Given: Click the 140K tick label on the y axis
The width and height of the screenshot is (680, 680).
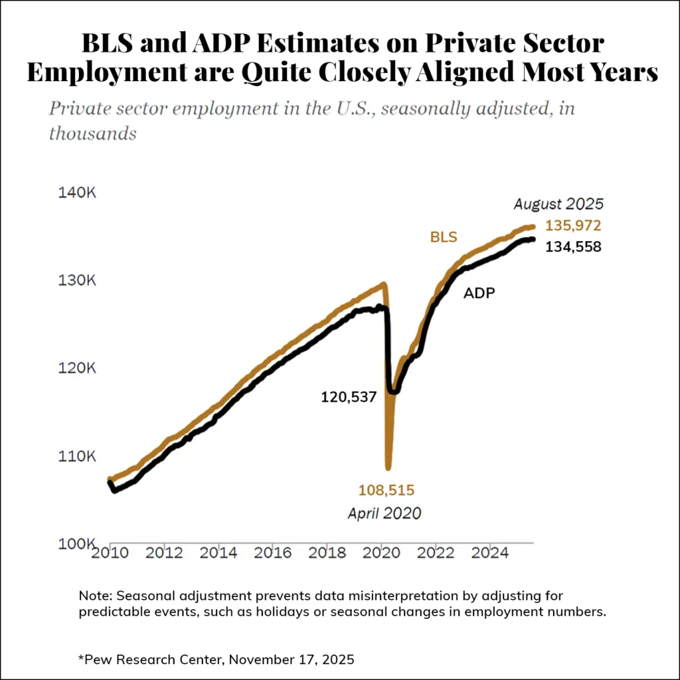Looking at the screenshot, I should (x=74, y=193).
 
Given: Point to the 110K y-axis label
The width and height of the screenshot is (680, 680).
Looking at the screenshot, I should (x=74, y=457).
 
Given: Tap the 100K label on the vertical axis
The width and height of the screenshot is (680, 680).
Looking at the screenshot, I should (x=74, y=545).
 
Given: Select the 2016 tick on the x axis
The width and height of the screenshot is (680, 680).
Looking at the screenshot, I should (x=273, y=553).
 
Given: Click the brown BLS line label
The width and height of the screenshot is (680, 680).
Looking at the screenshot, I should (x=444, y=237).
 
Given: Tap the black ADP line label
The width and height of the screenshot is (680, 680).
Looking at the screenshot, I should (x=479, y=292).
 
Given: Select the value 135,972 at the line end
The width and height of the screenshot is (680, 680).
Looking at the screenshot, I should (x=573, y=226).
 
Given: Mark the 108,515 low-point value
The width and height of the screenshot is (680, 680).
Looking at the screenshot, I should (x=386, y=491).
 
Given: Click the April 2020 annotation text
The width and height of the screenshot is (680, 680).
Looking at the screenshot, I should (x=384, y=513).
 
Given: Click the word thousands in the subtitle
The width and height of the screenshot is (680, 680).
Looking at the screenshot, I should (x=92, y=133).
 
